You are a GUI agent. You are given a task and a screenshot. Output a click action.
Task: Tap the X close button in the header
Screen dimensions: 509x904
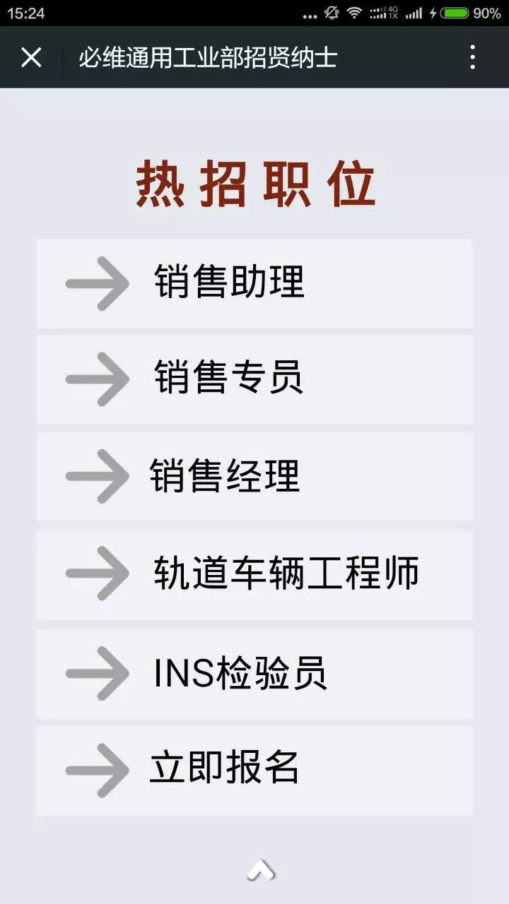pos(31,57)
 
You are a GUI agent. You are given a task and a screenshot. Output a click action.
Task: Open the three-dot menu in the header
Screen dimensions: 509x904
pos(473,57)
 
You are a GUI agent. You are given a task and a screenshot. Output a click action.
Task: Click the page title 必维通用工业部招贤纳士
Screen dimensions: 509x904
pos(208,57)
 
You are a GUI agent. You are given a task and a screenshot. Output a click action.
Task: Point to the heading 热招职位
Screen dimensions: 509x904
pos(255,184)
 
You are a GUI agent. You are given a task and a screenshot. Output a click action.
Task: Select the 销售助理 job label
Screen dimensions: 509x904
pos(229,281)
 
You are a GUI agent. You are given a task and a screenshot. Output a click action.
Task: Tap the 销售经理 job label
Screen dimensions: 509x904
pos(225,475)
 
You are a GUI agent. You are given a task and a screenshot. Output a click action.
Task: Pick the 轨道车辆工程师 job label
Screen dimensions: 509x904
pos(286,572)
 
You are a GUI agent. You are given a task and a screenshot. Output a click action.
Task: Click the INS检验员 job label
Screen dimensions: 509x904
pos(240,672)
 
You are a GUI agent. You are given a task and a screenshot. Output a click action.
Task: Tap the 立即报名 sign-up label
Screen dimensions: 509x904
pos(224,766)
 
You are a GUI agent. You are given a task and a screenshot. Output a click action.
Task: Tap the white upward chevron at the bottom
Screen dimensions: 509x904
pos(260,870)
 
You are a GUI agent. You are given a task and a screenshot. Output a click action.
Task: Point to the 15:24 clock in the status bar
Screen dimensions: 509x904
pos(25,13)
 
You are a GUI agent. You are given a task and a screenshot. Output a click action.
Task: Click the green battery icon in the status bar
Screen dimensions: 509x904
pos(455,13)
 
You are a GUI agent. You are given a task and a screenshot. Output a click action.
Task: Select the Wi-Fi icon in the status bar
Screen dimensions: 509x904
pos(354,13)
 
